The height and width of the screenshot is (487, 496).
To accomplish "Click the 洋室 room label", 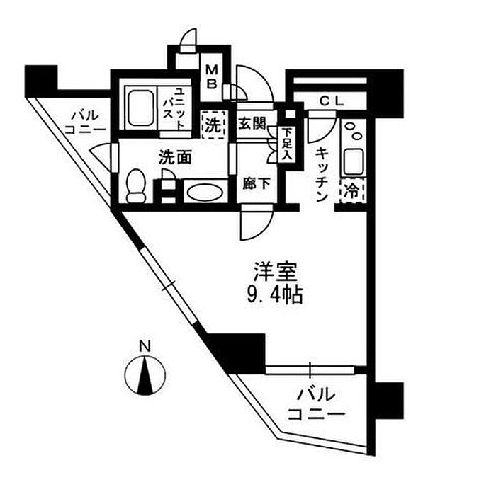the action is click(276, 272).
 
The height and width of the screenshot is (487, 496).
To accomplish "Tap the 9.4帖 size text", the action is click(275, 295).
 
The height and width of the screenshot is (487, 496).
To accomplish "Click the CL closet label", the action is click(331, 101).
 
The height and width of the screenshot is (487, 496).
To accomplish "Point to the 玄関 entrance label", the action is click(252, 123).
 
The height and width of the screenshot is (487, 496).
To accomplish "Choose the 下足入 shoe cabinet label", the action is click(287, 144).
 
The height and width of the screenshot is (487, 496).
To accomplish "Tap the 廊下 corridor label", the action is click(257, 184).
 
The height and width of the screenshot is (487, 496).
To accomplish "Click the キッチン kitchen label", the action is click(322, 174).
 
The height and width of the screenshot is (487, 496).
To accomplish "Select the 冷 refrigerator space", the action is click(352, 191).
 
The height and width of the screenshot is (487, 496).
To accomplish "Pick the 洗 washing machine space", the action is click(213, 126).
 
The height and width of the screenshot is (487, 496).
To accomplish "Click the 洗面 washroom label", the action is click(175, 156).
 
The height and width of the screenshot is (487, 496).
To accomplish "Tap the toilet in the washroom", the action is click(136, 186).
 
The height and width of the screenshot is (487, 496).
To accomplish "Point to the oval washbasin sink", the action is click(204, 192).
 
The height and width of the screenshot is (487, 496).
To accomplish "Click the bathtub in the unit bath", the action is click(141, 108).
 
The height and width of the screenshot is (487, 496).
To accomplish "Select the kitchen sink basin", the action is click(354, 161).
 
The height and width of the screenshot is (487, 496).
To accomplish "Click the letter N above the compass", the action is click(145, 347).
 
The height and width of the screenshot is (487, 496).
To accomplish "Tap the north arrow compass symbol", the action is click(145, 375).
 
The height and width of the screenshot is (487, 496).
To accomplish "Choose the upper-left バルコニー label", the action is click(85, 123).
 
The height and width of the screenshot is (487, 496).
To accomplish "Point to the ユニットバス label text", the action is click(174, 109).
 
